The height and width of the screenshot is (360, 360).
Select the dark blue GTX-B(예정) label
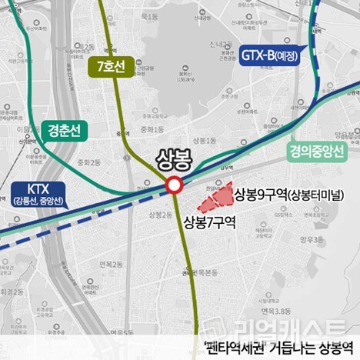[x=269, y=55]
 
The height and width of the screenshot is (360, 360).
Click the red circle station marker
[x=174, y=185]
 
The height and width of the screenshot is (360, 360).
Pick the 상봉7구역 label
[x=209, y=222]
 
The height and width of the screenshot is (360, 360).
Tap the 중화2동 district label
[x=89, y=163]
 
